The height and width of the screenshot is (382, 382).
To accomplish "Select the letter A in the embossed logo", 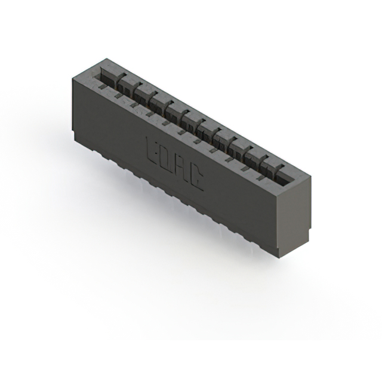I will (x=180, y=168).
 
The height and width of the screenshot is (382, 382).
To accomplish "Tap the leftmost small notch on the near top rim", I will (x=102, y=87).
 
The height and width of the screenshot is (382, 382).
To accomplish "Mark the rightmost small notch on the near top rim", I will (x=260, y=177).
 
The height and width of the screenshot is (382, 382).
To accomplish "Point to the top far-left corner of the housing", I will (x=106, y=58).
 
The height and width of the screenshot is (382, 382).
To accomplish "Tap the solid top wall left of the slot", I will (x=90, y=72).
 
